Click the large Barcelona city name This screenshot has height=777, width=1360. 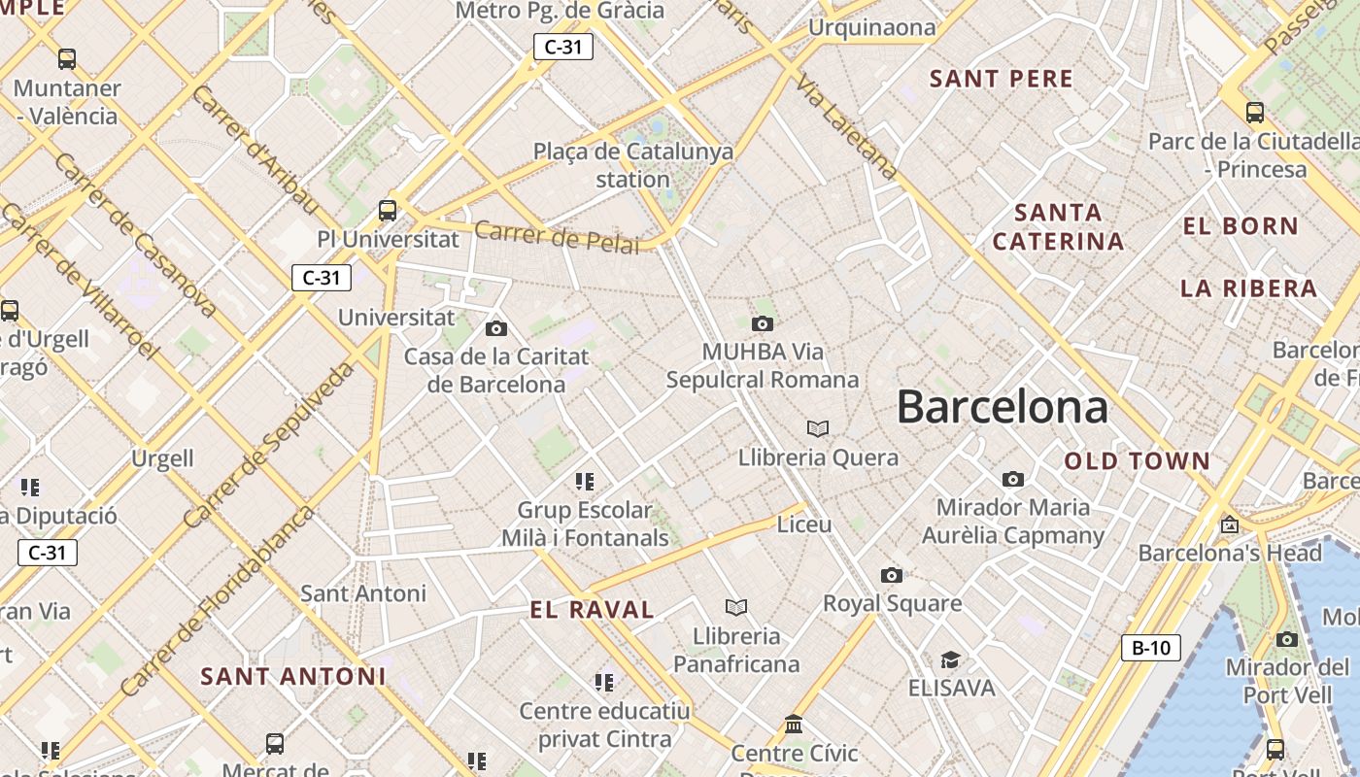tap(1002, 407)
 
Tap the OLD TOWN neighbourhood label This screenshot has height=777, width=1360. tap(1138, 461)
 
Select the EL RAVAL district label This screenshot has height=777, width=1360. tap(592, 610)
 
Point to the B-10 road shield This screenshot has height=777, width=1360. tap(1151, 648)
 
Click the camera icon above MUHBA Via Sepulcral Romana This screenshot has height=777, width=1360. tap(763, 323)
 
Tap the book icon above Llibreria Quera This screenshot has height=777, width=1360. tap(818, 428)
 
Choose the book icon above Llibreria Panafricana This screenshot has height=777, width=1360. tap(736, 607)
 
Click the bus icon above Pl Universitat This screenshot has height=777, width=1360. tap(387, 210)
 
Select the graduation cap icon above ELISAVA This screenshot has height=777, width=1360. tap(950, 659)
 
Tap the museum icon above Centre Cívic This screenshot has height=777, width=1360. tap(794, 725)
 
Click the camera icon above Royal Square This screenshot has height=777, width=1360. tap(891, 575)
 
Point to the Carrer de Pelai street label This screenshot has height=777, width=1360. tap(558, 236)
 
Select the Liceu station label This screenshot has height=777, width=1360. tap(804, 524)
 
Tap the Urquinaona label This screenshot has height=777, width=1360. tap(871, 27)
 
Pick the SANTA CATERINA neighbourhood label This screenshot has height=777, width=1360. tap(1058, 226)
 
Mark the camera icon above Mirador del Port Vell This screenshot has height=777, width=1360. tap(1286, 639)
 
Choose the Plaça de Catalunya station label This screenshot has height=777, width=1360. tap(633, 165)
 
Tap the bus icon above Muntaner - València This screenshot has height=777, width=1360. tap(67, 58)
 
